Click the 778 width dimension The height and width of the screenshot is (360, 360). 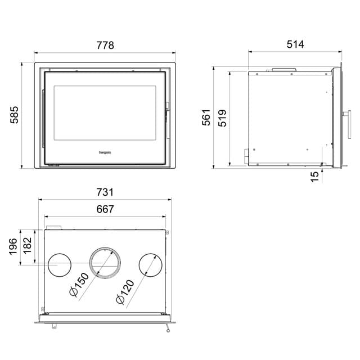tap(105, 46)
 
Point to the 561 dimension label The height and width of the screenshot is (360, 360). tap(206, 117)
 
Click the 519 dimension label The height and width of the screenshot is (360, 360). tap(223, 117)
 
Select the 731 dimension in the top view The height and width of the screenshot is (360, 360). tap(105, 192)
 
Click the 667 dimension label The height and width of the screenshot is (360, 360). tap(105, 209)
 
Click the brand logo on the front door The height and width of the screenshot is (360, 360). tap(105, 151)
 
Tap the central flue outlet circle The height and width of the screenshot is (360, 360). tap(105, 263)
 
